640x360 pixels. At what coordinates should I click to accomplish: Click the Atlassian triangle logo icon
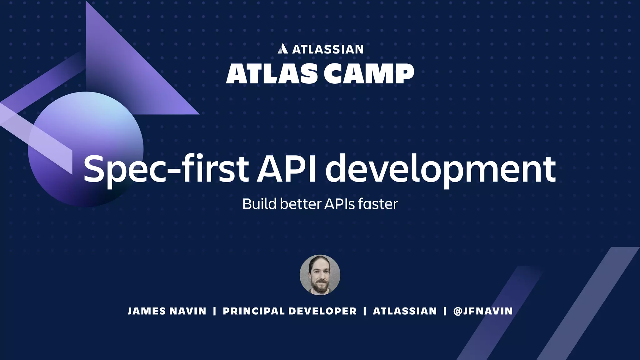(282, 49)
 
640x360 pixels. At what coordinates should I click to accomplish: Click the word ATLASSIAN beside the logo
(328, 49)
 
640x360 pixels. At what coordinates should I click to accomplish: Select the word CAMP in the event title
(369, 74)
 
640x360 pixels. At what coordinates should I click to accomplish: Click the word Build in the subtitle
(259, 204)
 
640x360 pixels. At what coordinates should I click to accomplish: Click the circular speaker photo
(320, 275)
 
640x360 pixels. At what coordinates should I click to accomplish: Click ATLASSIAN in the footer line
(405, 311)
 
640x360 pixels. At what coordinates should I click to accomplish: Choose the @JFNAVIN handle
(483, 311)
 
